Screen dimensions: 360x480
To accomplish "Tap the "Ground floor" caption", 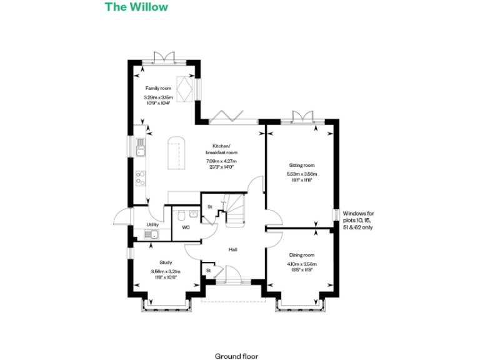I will click(236, 356).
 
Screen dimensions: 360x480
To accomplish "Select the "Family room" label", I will click(158, 89).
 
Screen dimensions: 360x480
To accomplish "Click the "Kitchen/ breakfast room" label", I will click(222, 149).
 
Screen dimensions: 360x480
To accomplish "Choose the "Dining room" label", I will click(301, 255).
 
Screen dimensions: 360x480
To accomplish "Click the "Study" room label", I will click(166, 262).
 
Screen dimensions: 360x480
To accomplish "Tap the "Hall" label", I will click(232, 249).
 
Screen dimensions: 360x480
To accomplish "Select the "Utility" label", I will click(152, 224).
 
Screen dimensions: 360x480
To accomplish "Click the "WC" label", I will click(186, 227).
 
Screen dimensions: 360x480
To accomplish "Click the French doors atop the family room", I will click(159, 57).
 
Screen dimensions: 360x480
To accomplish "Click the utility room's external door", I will click(122, 219).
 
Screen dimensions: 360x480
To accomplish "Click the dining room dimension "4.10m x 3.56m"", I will click(301, 264).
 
